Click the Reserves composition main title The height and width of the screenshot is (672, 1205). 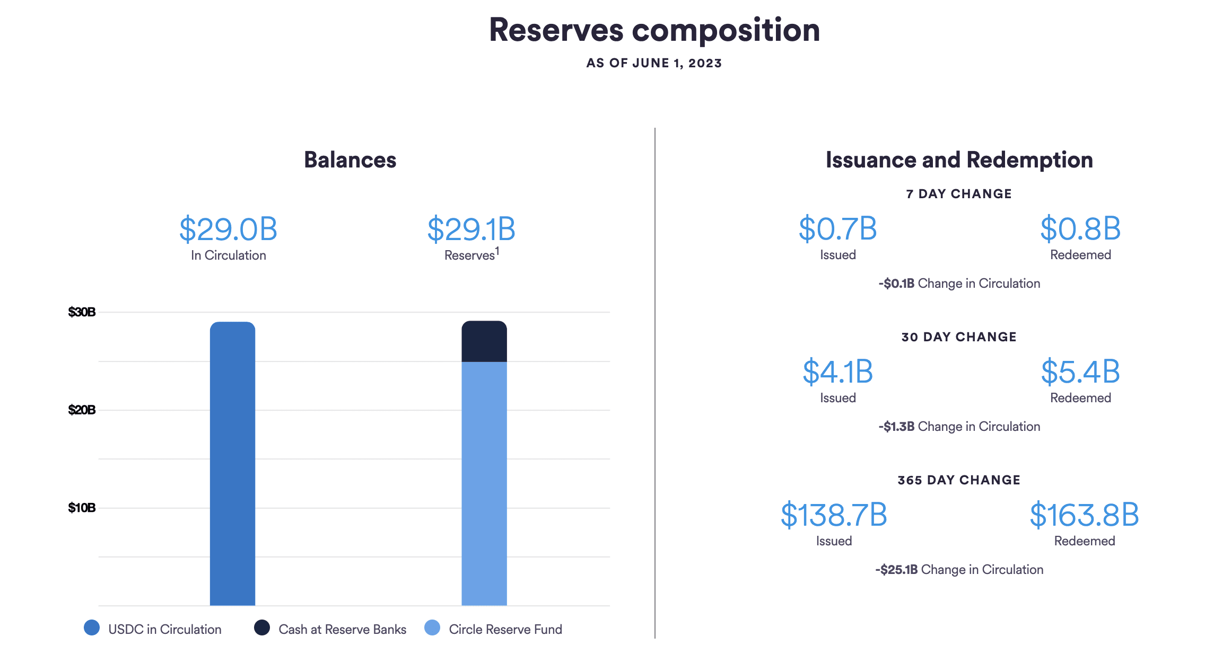(654, 30)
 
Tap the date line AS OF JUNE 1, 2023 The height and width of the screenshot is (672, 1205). (654, 63)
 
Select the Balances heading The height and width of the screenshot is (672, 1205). (350, 160)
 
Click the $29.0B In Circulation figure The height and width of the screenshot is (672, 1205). (228, 229)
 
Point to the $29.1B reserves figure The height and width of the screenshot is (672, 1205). (471, 229)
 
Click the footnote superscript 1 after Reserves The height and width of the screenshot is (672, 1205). (497, 251)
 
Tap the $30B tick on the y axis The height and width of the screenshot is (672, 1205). (82, 312)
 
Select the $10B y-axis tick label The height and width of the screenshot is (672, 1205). (82, 508)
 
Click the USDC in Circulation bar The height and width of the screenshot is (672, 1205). (232, 464)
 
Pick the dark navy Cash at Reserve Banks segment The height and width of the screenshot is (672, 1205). (484, 342)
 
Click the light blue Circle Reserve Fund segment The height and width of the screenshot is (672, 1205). (484, 482)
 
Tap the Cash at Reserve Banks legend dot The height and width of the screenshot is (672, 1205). (262, 628)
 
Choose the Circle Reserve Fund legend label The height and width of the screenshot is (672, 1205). (505, 630)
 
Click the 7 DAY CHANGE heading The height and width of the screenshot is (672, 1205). (959, 194)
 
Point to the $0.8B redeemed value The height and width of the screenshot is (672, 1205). (1080, 229)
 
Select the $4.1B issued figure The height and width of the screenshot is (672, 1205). (837, 372)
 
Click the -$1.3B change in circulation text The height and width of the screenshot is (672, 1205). (896, 427)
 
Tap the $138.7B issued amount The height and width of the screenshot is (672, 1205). (834, 515)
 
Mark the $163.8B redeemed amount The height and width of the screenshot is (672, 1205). (1084, 515)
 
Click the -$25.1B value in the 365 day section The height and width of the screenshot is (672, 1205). (896, 570)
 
